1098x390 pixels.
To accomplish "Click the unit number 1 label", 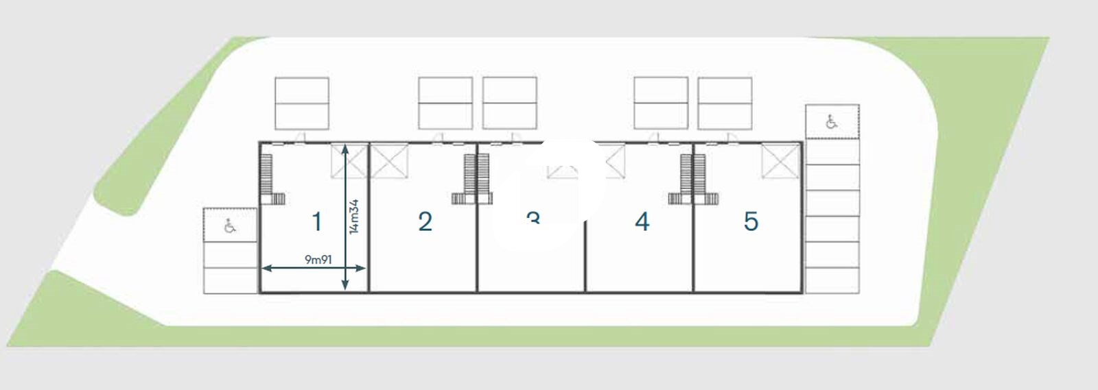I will tap(316, 221).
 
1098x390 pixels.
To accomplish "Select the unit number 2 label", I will tap(425, 221).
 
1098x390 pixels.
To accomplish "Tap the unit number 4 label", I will tap(642, 221).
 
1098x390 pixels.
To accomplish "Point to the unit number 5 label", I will tap(751, 221).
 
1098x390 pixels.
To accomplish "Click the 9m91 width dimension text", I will tap(318, 260).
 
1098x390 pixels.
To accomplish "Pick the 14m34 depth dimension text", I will tap(354, 216).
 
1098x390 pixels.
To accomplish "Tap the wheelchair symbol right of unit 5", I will tap(832, 122).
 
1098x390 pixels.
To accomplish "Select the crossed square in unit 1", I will tap(349, 161).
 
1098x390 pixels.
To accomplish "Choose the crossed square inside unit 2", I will tap(389, 161).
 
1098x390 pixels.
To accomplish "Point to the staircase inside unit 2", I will tap(469, 177).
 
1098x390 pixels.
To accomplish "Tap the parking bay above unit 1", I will tap(302, 103).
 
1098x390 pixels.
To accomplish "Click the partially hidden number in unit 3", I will tap(533, 218).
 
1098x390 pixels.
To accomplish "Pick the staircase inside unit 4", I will tap(684, 177).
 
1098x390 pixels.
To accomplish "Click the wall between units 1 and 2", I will tap(369, 217).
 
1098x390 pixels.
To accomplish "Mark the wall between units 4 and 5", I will tap(694, 217).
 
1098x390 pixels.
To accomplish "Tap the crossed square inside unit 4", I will tap(614, 161).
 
